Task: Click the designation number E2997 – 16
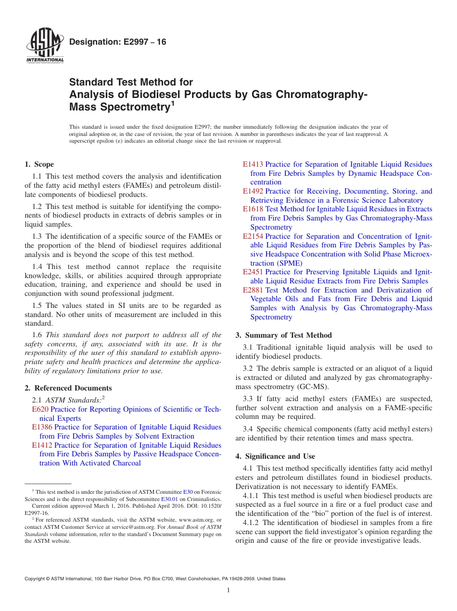[118, 42]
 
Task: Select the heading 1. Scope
[39, 164]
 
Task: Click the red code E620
[40, 409]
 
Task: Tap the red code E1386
[42, 427]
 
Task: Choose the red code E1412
[42, 445]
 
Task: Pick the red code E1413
[253, 164]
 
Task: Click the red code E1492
[253, 191]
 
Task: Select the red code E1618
[253, 209]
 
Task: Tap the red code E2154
[253, 236]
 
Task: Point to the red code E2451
[253, 272]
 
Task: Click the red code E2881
[253, 290]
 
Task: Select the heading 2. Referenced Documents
[68, 388]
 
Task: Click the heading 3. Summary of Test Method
[284, 335]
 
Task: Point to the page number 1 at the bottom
[228, 590]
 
